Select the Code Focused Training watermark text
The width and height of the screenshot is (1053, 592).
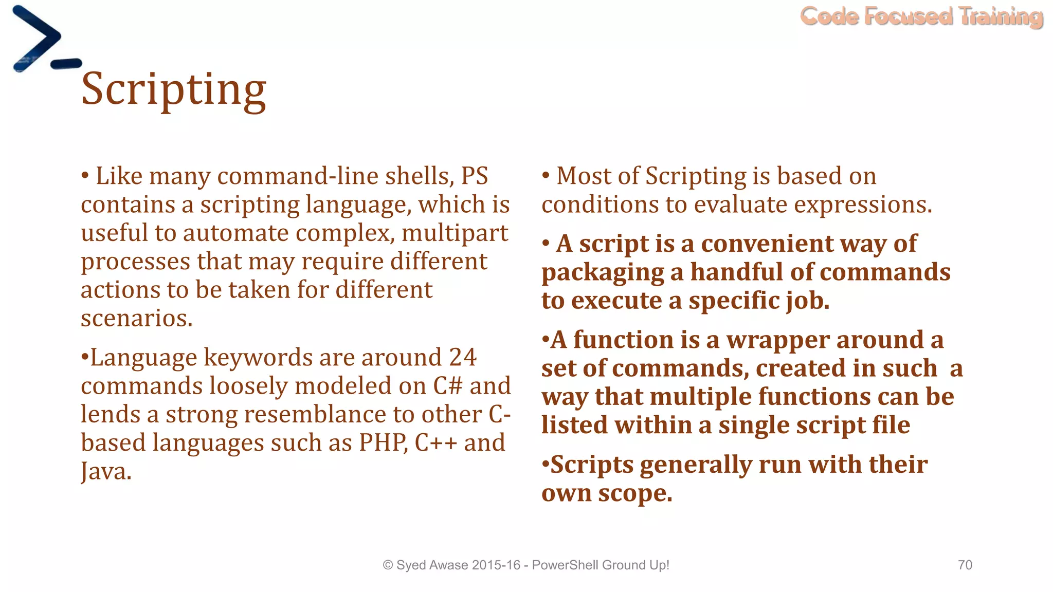pyautogui.click(x=921, y=16)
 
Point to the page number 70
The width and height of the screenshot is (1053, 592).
pyautogui.click(x=965, y=565)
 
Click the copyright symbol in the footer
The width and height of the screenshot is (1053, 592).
pyautogui.click(x=388, y=565)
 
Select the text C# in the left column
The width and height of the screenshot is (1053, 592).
pyautogui.click(x=448, y=386)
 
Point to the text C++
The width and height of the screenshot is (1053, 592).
pyautogui.click(x=435, y=442)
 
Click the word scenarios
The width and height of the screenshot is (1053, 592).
pyautogui.click(x=136, y=318)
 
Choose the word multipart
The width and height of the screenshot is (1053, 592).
pyautogui.click(x=455, y=233)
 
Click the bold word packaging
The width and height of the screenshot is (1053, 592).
pyautogui.click(x=603, y=272)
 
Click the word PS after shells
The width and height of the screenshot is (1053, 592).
pyautogui.click(x=474, y=176)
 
